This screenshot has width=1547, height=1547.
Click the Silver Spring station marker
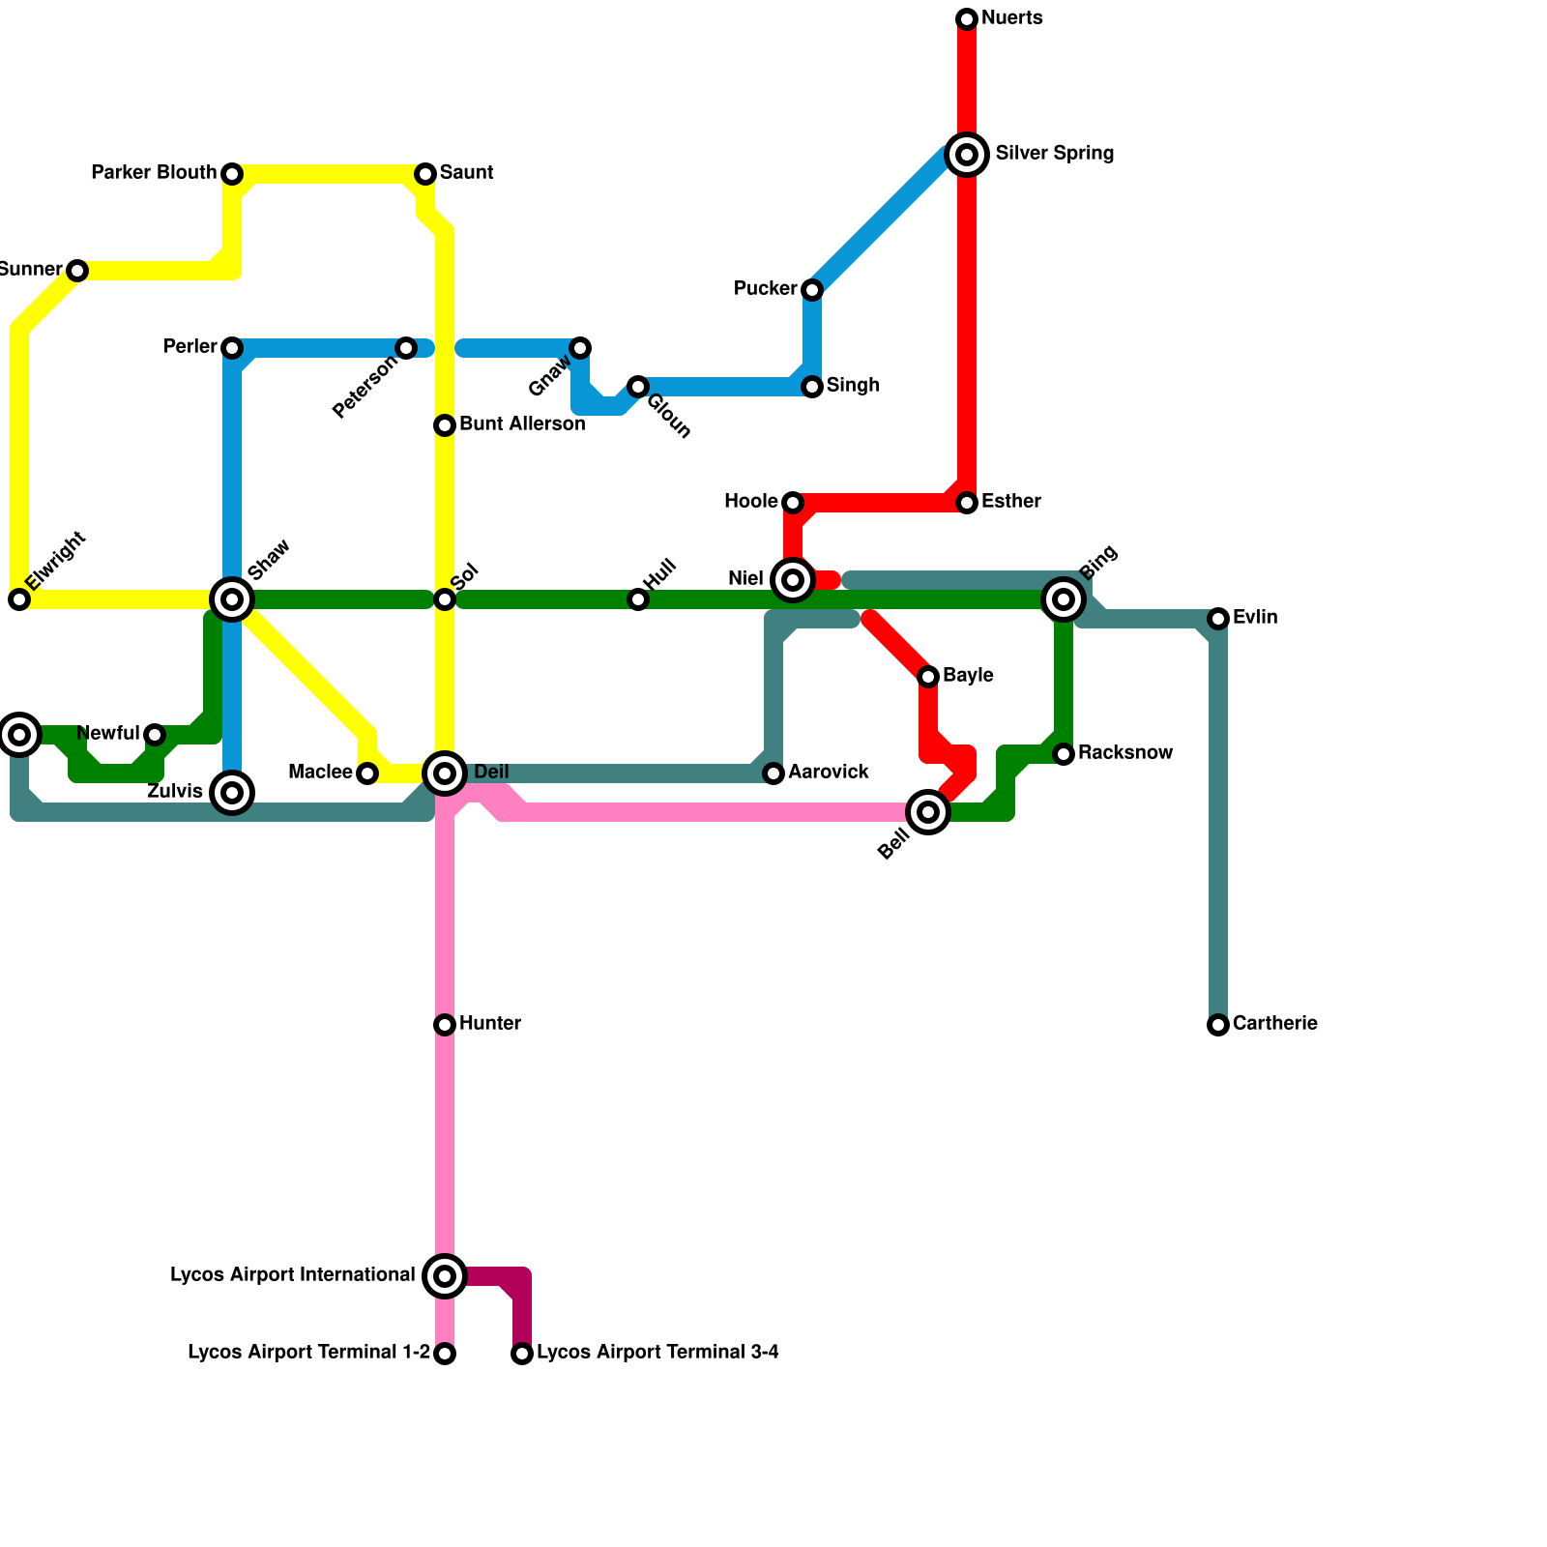[x=967, y=155]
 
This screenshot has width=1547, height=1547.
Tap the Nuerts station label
[x=1011, y=18]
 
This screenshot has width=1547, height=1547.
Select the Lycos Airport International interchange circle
[x=445, y=1276]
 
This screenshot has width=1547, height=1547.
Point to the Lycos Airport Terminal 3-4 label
[x=657, y=1353]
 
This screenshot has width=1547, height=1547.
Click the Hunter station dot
[x=445, y=1025]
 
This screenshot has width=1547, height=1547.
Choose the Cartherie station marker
[x=1218, y=1025]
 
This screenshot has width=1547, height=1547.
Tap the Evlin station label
[x=1255, y=618]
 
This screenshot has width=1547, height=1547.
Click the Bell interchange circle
[x=928, y=812]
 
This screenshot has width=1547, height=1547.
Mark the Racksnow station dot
[x=1064, y=754]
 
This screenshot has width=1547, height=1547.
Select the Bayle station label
[x=968, y=676]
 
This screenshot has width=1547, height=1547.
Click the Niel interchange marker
[x=793, y=580]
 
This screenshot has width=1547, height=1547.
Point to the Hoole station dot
[x=793, y=503]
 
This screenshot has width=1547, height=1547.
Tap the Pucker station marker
[x=812, y=290]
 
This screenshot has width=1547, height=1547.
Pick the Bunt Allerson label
[x=522, y=424]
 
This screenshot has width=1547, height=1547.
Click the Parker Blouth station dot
[x=232, y=174]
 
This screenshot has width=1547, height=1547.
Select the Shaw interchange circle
[x=232, y=599]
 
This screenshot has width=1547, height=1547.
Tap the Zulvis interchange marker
[x=232, y=793]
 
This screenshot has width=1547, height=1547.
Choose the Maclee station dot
[x=367, y=773]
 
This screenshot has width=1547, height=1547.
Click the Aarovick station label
[x=828, y=773]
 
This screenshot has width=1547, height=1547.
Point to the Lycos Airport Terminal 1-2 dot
[x=445, y=1354]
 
